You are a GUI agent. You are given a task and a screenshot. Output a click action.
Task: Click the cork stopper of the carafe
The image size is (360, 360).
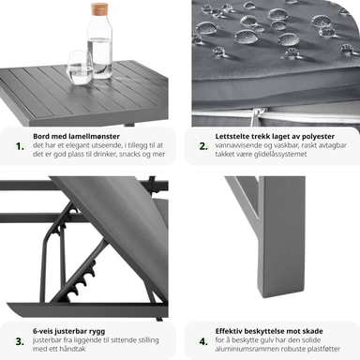coord(99,9)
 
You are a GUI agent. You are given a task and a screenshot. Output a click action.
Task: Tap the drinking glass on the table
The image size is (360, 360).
coord(81,67)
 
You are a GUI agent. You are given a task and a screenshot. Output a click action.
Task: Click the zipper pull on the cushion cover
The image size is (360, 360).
coord(258,117)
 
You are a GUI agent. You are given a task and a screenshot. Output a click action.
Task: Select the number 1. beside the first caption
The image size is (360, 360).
coord(20,146)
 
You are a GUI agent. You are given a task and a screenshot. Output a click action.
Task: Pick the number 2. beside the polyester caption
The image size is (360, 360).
coord(203,146)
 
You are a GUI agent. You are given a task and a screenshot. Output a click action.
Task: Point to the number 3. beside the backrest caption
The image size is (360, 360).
coord(20,341)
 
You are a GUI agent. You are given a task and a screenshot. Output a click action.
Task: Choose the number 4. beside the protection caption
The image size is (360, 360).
coord(203,341)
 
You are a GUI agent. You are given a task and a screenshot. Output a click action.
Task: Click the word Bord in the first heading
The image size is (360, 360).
coord(41,136)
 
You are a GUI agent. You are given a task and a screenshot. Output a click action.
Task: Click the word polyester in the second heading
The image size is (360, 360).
coord(319,137)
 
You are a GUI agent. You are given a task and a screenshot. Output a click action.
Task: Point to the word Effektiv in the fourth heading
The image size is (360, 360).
coord(229,331)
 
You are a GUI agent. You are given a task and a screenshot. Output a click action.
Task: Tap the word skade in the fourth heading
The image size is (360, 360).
coord(313,331)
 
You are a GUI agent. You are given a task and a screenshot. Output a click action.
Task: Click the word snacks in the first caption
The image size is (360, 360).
coord(129,154)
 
